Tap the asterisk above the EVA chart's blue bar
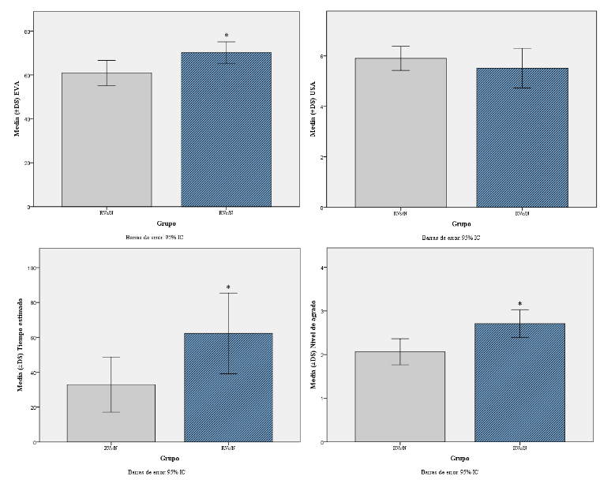(x=227, y=36)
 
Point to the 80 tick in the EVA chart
(x=29, y=32)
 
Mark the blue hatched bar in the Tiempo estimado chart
(x=228, y=387)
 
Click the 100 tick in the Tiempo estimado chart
(x=32, y=268)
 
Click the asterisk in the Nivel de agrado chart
(x=519, y=304)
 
